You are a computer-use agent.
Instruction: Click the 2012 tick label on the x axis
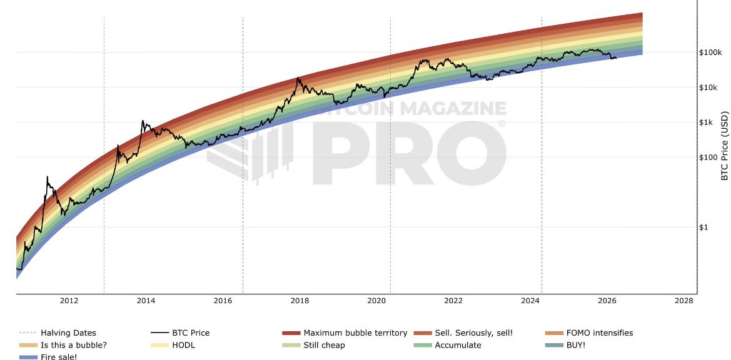click(x=69, y=301)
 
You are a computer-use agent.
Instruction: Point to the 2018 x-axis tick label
click(x=300, y=301)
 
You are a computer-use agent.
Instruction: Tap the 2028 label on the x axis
click(x=684, y=301)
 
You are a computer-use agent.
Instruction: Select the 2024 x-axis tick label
click(x=530, y=301)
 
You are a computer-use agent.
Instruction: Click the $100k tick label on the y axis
click(x=710, y=52)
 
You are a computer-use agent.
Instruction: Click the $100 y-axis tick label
click(x=708, y=157)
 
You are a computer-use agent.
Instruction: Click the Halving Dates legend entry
click(x=68, y=333)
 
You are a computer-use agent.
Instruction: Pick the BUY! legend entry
click(x=575, y=345)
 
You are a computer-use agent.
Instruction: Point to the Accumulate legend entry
click(x=458, y=345)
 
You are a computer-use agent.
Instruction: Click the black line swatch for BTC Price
click(x=160, y=333)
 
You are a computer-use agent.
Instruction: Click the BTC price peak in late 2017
click(x=298, y=78)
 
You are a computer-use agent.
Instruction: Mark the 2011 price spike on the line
click(x=47, y=177)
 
